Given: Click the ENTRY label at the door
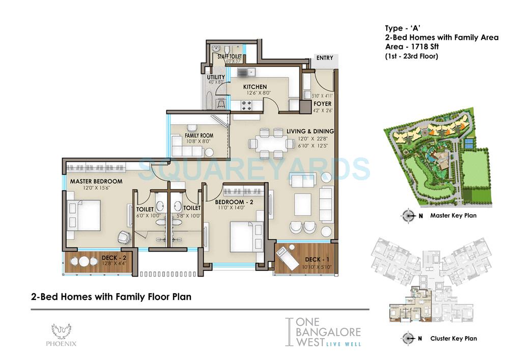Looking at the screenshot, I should pos(324,58).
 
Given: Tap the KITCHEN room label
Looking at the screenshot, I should pos(255,87).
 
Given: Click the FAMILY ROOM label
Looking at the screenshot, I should pos(199,135).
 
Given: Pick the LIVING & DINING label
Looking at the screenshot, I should pos(310,131).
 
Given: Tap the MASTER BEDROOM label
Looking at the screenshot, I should pos(96,181).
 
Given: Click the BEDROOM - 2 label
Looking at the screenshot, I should pos(235,202).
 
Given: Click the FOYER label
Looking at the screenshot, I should pos(322,104).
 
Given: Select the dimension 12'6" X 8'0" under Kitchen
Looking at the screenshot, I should pos(254,93).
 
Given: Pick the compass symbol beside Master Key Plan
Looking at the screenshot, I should pos(408,215).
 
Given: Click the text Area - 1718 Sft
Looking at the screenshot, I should pos(413,46).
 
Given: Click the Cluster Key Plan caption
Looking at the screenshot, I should pos(453,338).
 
